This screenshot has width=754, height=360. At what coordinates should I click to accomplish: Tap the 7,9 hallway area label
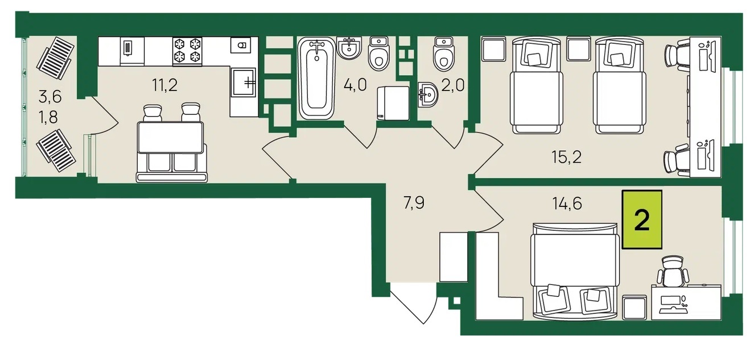pos(414,203)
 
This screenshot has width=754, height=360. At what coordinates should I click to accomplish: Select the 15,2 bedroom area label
pos(567,157)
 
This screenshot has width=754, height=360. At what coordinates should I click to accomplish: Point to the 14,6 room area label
pos(567,204)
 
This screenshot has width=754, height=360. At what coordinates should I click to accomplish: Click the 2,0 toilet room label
pos(453,85)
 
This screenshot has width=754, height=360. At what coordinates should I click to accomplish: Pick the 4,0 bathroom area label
pos(355,85)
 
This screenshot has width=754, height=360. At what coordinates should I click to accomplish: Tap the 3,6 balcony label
pos(50,97)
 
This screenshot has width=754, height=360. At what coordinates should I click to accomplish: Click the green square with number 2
pos(642,220)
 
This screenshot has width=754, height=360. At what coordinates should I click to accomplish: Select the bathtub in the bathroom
pos(316,78)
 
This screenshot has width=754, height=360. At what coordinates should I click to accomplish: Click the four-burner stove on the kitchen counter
pos(187,51)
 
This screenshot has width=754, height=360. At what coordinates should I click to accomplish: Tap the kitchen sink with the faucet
pos(244,82)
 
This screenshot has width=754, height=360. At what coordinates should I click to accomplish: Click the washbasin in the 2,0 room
pos(428,94)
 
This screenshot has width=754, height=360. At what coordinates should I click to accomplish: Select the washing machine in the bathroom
pos(393,103)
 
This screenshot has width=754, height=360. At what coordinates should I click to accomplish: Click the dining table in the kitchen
pos(170,138)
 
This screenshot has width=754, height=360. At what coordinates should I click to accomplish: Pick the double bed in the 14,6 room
pos(575,271)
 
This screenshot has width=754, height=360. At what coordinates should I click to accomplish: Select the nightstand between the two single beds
pos(579,49)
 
